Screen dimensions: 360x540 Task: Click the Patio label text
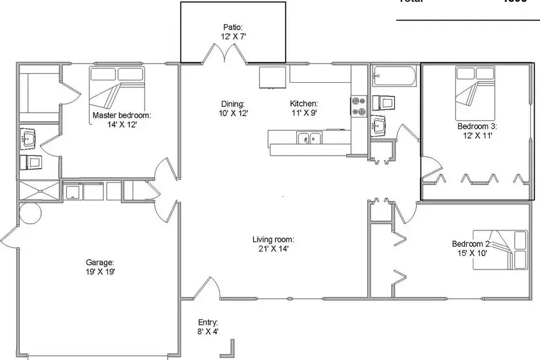pos(233,28)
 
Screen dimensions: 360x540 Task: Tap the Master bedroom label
pos(121,115)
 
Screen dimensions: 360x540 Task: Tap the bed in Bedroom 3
pos(475,93)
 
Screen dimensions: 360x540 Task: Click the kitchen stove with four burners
pos(359,107)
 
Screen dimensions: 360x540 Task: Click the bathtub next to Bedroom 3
pos(394,76)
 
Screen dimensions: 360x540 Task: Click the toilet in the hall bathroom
pos(384,102)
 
